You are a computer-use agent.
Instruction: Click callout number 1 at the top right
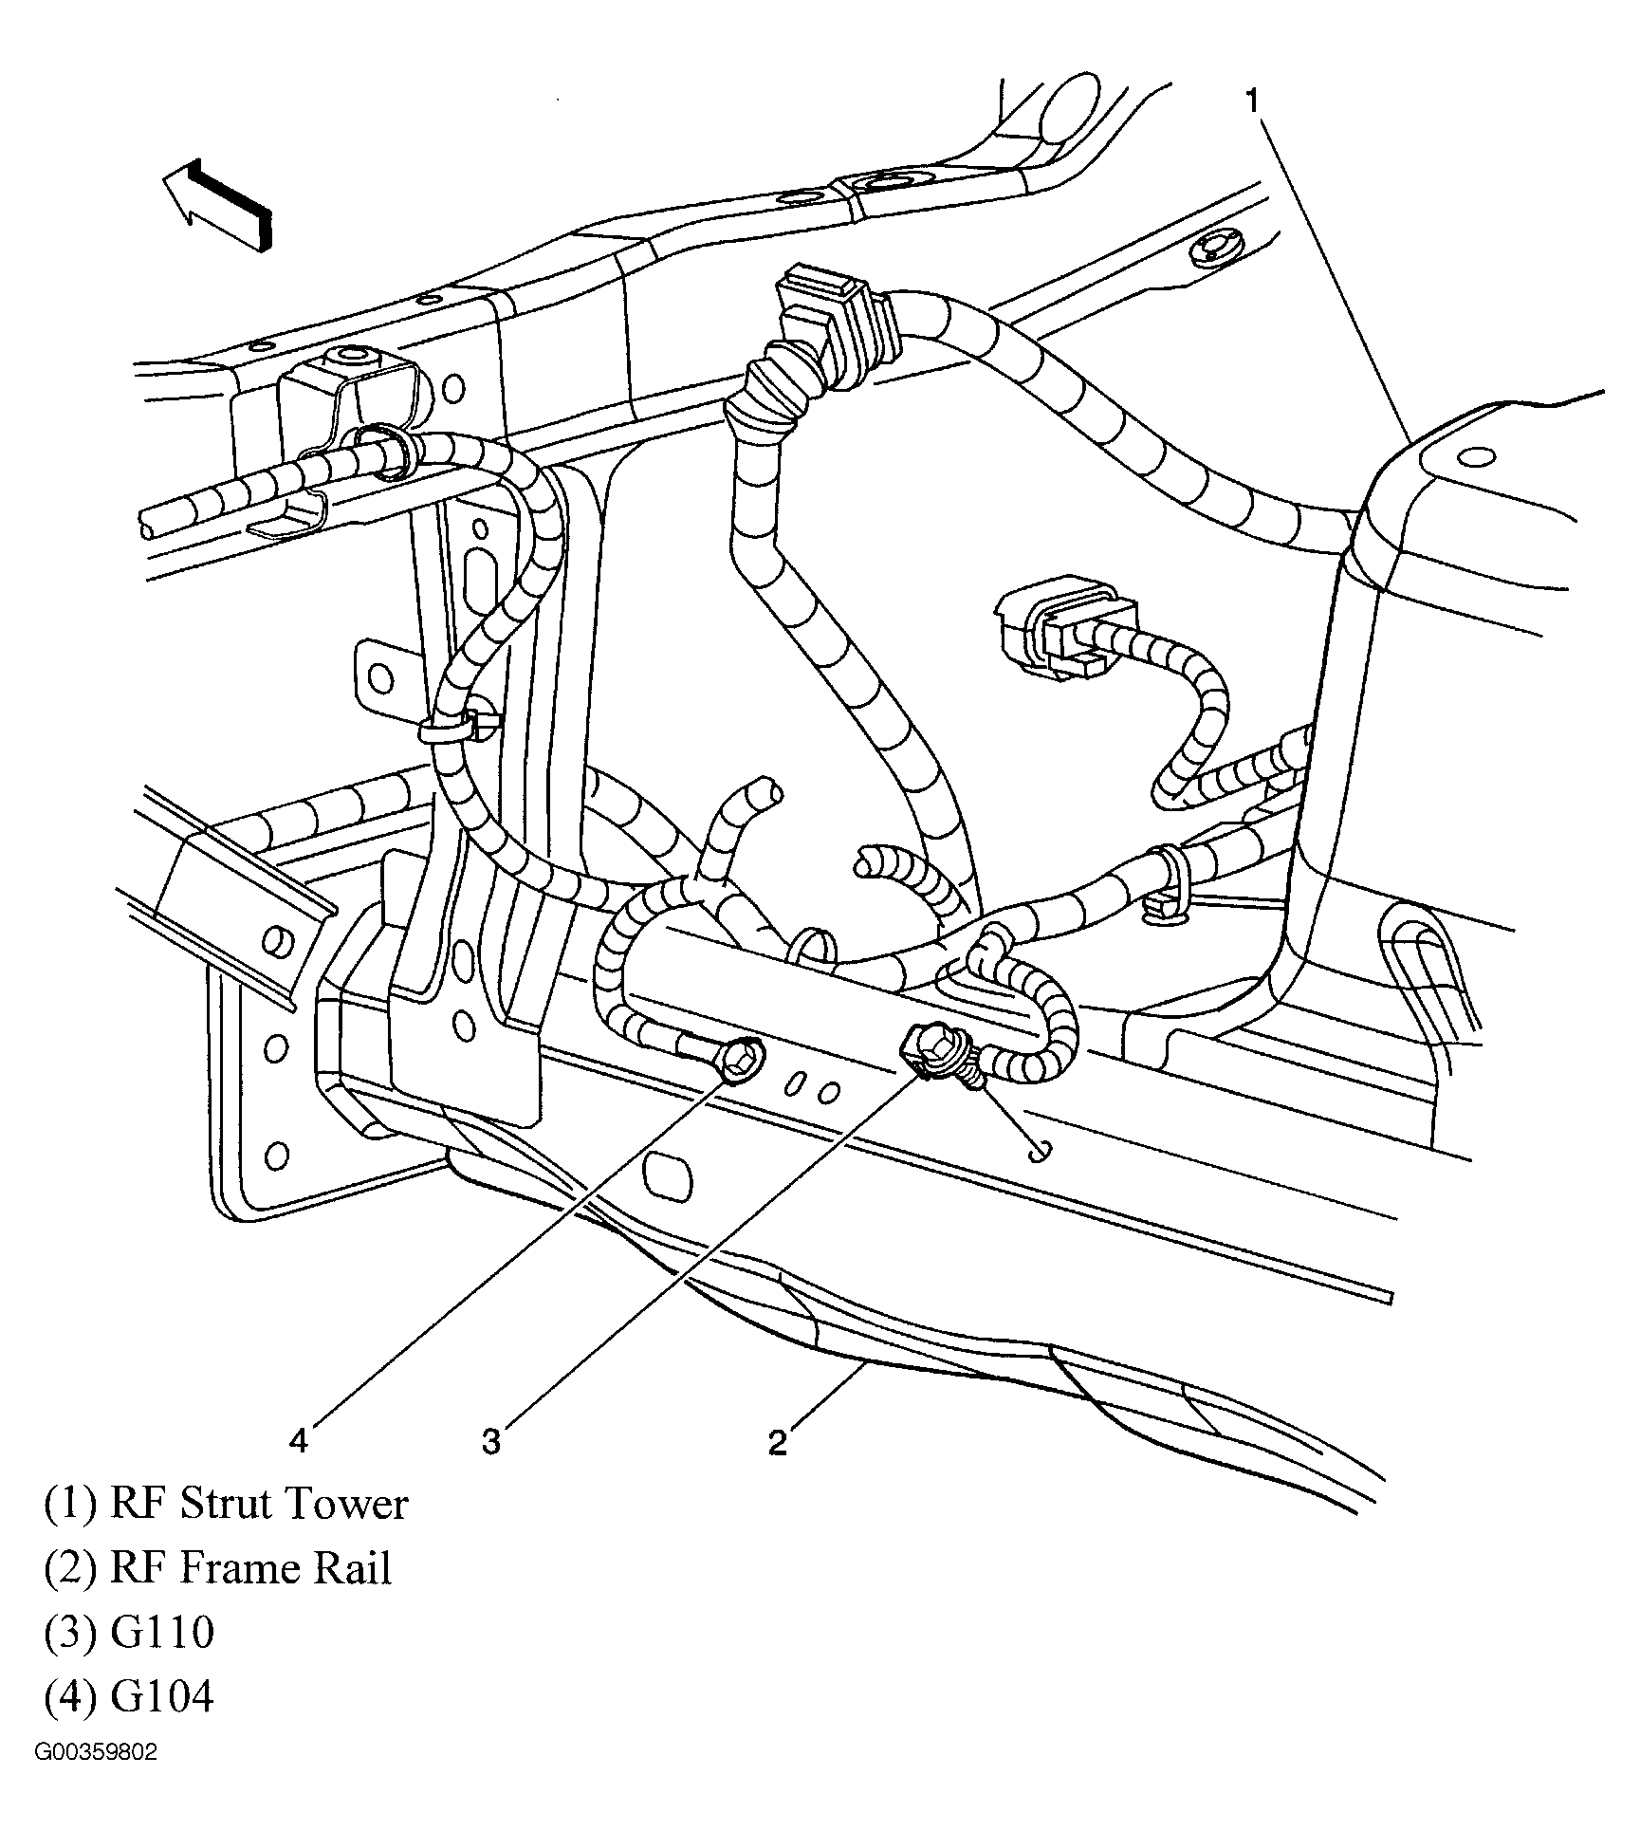click(x=1253, y=101)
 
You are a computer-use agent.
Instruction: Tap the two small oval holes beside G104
click(x=815, y=1089)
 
